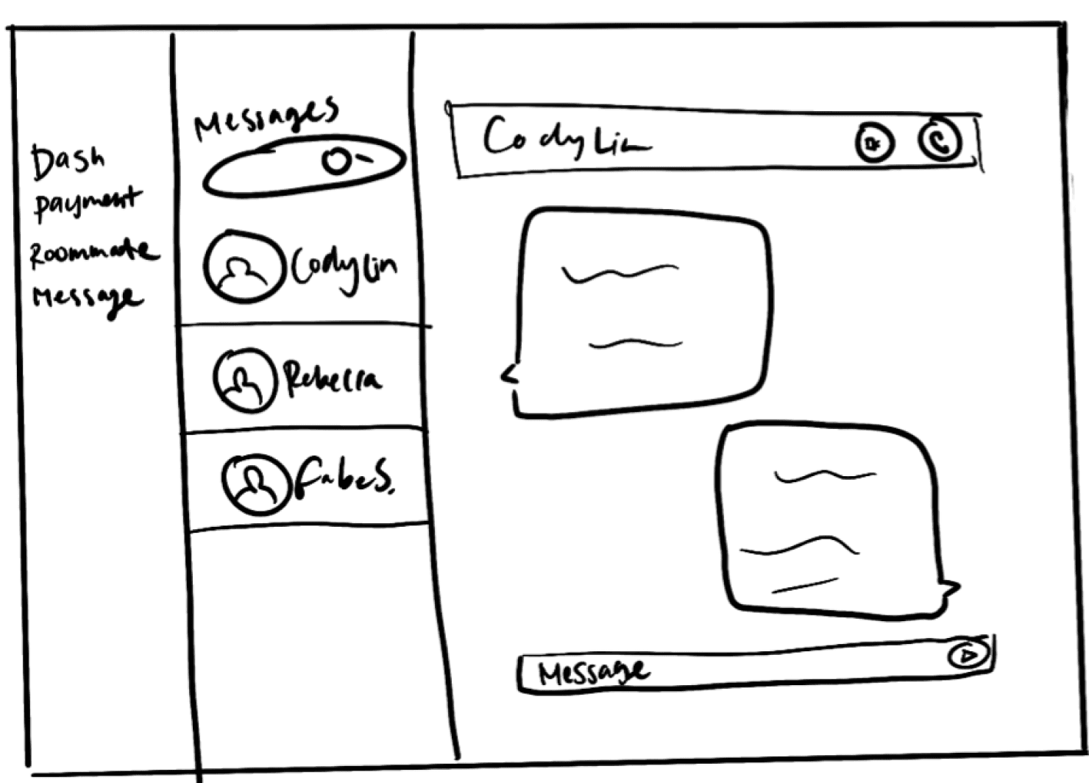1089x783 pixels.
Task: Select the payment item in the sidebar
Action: [87, 203]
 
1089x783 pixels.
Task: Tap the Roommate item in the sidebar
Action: [93, 252]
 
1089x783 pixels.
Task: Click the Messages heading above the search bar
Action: [266, 118]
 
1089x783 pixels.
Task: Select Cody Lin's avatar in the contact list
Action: [244, 266]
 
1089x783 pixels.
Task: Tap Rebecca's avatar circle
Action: [244, 380]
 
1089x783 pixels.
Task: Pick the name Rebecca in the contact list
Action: [333, 378]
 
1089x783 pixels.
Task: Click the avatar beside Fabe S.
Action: [255, 483]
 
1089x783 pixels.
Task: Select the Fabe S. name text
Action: [344, 479]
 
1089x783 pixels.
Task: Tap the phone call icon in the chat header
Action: [940, 140]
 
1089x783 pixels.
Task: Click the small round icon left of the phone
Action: [874, 143]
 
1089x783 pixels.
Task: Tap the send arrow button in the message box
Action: [968, 653]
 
